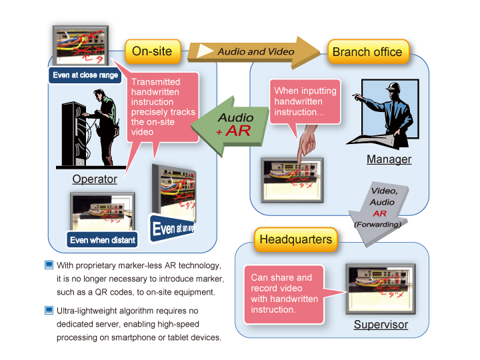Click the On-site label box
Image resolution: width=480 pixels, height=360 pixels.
click(x=152, y=51)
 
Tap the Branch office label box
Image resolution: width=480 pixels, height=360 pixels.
click(x=367, y=51)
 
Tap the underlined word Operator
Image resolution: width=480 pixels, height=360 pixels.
click(x=95, y=179)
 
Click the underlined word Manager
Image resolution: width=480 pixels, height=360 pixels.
click(x=389, y=159)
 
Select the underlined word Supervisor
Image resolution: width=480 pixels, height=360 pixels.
click(x=381, y=325)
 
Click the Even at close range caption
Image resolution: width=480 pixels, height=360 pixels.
click(x=85, y=75)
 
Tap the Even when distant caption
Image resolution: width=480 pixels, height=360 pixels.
click(x=102, y=240)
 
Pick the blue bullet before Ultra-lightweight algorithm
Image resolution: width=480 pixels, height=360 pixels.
click(x=49, y=310)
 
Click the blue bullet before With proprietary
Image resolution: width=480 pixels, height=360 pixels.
click(x=49, y=265)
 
